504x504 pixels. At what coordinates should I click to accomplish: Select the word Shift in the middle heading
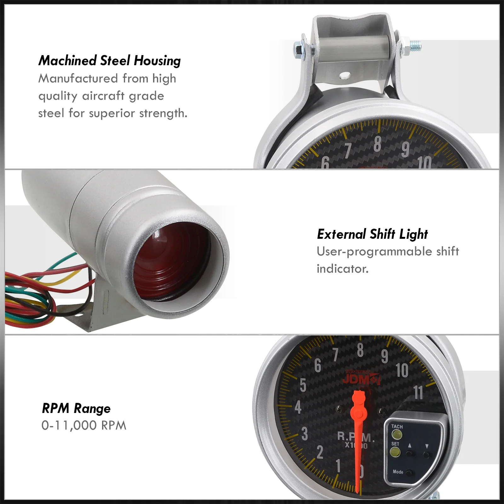click(382, 234)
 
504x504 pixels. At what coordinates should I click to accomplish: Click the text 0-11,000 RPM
click(84, 426)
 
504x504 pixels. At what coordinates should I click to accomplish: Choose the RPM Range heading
click(76, 409)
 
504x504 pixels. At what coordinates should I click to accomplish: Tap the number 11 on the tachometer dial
click(418, 393)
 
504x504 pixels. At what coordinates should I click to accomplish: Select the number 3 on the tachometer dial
click(305, 434)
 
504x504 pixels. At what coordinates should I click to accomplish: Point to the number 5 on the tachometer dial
click(303, 385)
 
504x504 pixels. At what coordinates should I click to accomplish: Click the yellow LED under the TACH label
click(397, 435)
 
